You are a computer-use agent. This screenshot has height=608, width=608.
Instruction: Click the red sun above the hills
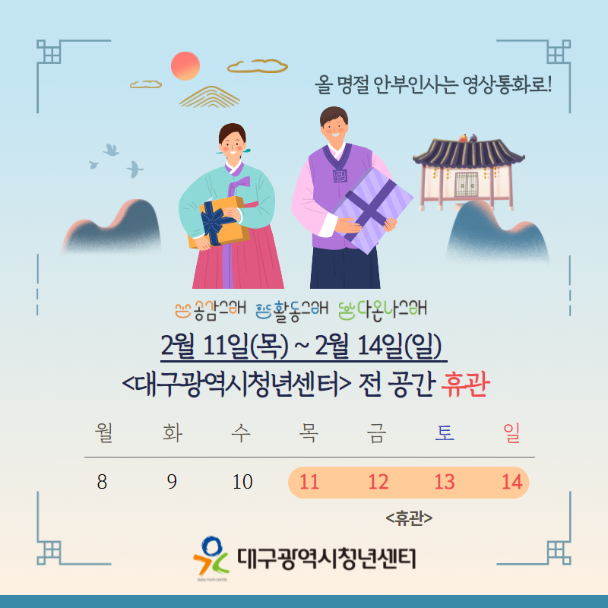(x=185, y=66)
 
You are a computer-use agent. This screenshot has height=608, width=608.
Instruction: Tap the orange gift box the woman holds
(x=219, y=222)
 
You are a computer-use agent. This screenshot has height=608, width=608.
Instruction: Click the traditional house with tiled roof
(x=468, y=173)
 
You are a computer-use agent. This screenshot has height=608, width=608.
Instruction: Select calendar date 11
(x=309, y=482)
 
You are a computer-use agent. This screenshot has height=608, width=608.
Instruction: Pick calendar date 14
(x=512, y=482)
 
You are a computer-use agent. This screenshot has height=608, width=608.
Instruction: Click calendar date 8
(x=102, y=482)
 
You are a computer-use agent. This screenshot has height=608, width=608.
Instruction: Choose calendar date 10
(x=242, y=482)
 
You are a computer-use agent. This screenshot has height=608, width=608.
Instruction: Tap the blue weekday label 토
(x=445, y=432)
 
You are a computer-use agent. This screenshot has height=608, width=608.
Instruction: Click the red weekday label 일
(x=511, y=433)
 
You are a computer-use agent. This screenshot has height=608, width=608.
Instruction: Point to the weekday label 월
(x=104, y=433)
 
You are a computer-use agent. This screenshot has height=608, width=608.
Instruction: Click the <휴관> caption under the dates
(x=409, y=518)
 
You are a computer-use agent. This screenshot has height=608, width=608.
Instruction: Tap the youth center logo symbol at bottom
(x=211, y=556)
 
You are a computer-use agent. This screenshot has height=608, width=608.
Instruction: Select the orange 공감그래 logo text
(x=211, y=310)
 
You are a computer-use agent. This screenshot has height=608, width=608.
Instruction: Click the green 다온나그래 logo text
(x=382, y=310)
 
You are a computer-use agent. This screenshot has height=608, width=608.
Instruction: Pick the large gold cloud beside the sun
(x=257, y=66)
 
